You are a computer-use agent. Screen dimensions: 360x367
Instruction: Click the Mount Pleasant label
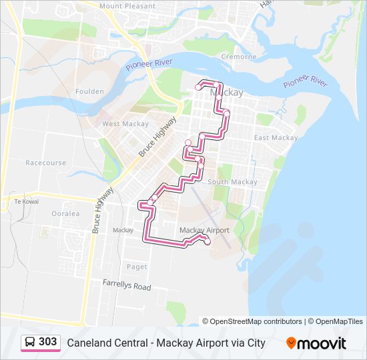[127, 6]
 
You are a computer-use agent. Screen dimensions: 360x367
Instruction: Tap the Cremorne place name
[239, 57]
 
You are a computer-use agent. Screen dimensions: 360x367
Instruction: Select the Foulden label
[89, 91]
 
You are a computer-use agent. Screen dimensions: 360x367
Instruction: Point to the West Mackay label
[120, 124]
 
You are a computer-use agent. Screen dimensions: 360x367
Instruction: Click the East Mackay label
[276, 138]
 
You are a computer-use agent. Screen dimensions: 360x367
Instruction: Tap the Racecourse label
[46, 163]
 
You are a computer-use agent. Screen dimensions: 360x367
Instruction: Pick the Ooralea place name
[65, 214]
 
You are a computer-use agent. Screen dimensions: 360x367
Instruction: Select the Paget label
[137, 267]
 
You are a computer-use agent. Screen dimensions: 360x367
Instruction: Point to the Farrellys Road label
[127, 285]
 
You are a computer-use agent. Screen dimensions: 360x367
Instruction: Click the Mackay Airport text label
[205, 231]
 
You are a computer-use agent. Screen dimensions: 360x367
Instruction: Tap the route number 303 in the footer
[48, 342]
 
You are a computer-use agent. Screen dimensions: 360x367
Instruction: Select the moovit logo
[316, 343]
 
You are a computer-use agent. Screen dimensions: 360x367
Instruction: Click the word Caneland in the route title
[87, 343]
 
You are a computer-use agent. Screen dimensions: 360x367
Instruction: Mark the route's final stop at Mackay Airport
[208, 242]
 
